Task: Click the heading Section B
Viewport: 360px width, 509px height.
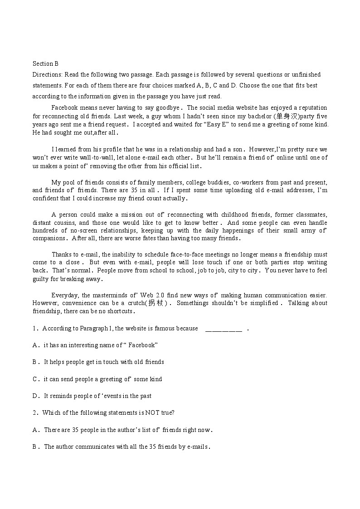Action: click(x=45, y=63)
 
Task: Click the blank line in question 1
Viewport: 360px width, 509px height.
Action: click(x=224, y=329)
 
